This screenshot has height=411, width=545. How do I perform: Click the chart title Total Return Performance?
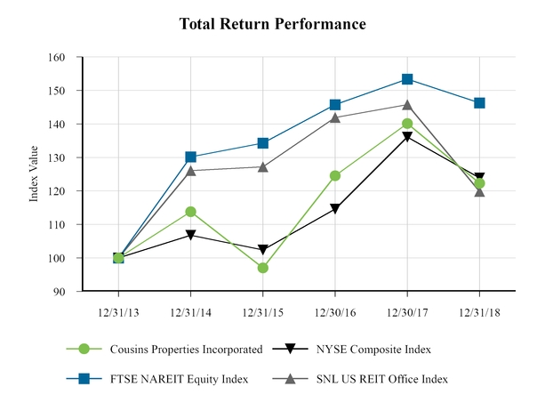pos(272,24)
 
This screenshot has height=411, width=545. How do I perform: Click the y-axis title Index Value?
pos(35,175)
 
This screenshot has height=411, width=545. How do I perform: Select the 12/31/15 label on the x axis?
pos(262,312)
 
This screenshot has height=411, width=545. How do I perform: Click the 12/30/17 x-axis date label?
pos(407,312)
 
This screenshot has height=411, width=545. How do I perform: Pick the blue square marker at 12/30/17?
pos(407,79)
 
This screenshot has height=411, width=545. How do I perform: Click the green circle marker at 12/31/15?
pos(263,268)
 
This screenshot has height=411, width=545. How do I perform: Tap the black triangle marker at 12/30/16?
pos(335,209)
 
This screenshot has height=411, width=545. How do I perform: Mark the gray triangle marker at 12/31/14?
pos(191,170)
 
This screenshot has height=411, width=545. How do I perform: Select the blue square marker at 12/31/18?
pos(479,102)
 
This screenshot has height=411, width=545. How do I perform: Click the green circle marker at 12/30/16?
pos(335,176)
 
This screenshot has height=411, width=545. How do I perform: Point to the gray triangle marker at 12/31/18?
pos(479,191)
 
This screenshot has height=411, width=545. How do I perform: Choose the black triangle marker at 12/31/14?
pos(191,236)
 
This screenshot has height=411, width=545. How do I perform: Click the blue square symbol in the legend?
pos(84,379)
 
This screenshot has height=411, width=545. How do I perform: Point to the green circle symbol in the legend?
pos(84,350)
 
